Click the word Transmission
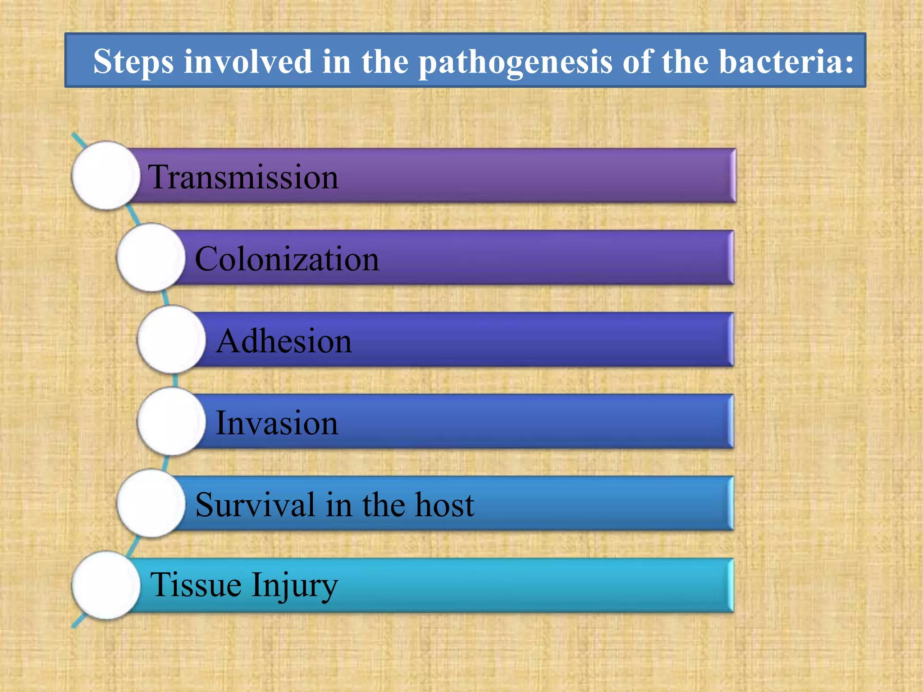[243, 177]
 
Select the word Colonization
[287, 259]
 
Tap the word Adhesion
[283, 341]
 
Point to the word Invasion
[277, 423]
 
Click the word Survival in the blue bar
[255, 505]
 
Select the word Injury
[295, 586]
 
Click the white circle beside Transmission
[106, 175]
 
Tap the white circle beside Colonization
[151, 257]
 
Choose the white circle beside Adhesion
[172, 339]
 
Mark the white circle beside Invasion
[172, 421]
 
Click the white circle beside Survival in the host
[151, 503]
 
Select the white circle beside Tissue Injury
[106, 585]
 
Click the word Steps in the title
[133, 62]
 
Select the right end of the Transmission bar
[732, 175]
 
